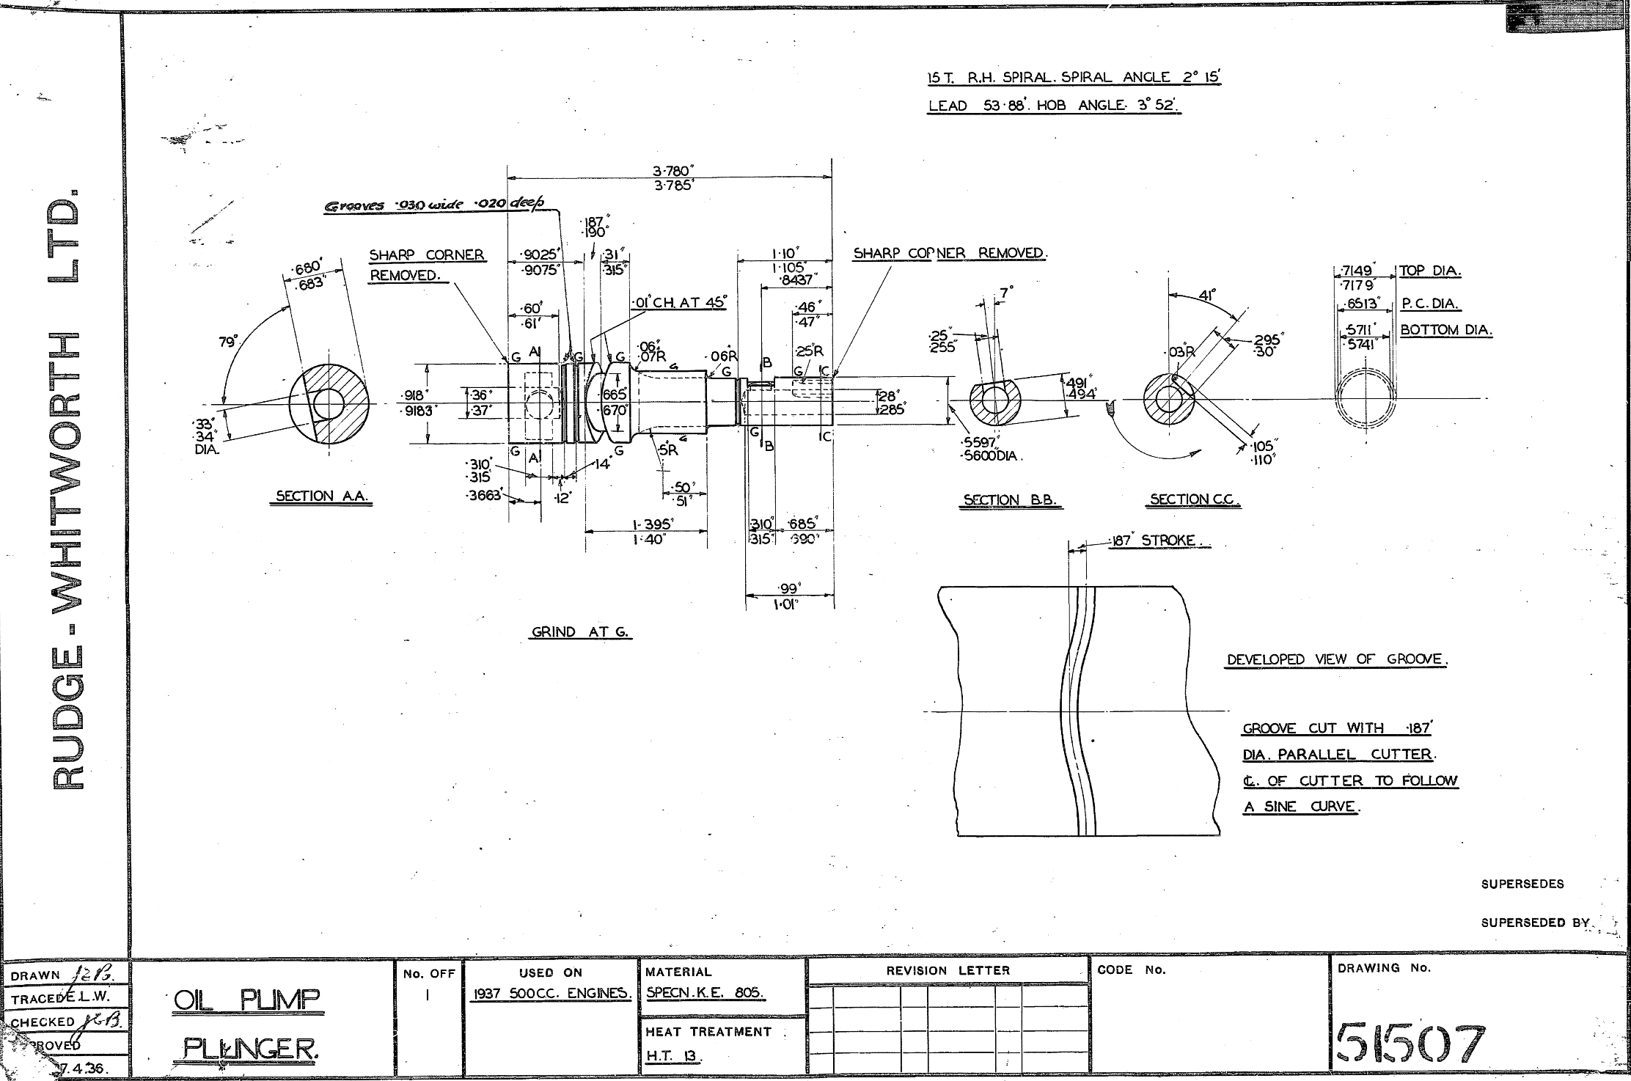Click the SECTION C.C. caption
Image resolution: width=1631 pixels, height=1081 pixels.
tap(1193, 499)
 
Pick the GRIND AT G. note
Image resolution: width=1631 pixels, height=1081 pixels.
tap(580, 631)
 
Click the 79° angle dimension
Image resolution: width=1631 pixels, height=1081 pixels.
tap(228, 342)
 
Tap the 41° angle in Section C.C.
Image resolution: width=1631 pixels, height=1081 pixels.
tap(1207, 295)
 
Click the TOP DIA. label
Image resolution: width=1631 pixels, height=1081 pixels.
tap(1430, 271)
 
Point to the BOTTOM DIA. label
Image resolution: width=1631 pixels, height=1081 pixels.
tap(1446, 330)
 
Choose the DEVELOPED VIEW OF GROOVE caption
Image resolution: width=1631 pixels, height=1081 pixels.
tap(1337, 659)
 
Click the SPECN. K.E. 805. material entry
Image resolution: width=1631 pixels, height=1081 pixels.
tap(705, 993)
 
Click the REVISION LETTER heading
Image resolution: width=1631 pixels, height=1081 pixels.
tap(948, 970)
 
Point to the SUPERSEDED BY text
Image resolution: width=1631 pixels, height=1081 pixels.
tap(1535, 923)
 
